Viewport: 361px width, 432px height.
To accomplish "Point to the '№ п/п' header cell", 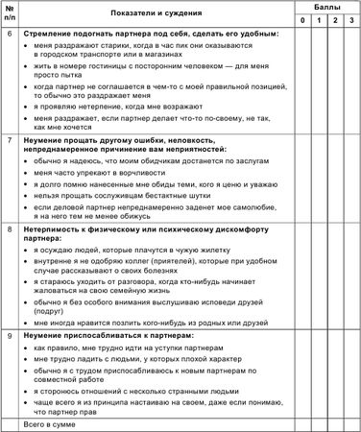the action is (x=12, y=13).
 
